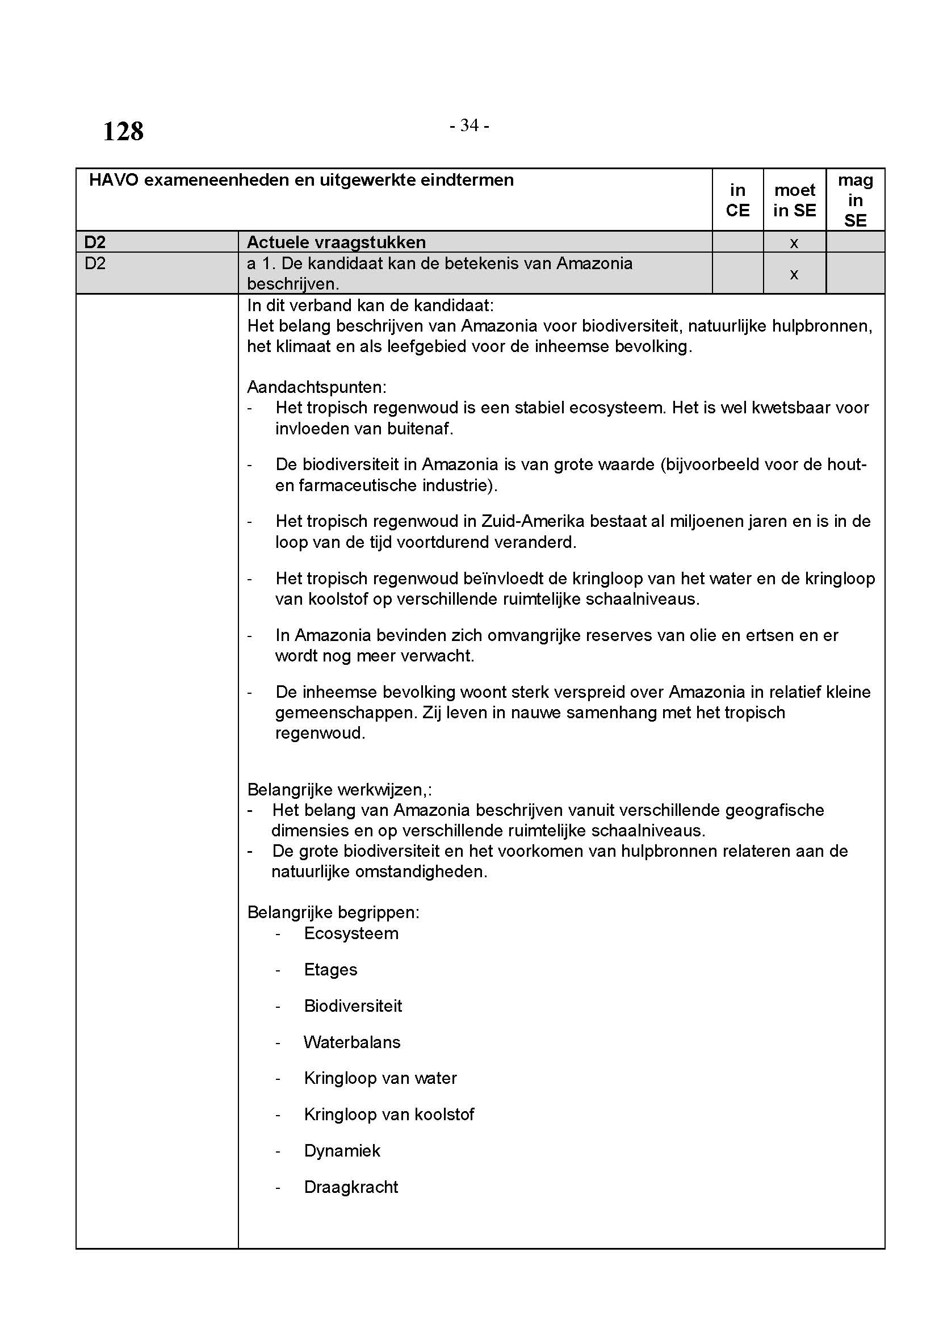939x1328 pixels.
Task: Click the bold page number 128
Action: pos(123,131)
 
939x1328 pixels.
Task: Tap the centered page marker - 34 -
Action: pos(469,125)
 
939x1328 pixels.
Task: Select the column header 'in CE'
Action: pos(737,200)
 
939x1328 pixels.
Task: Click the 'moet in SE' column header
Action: pos(794,200)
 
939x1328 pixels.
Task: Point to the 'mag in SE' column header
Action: pos(855,200)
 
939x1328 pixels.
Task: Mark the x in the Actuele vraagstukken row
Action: pos(794,243)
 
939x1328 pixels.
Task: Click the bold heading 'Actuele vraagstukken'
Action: pos(336,242)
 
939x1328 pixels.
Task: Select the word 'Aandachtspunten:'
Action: pos(316,387)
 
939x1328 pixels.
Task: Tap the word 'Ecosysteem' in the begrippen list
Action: pos(351,933)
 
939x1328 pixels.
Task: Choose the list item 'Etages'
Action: pos(330,970)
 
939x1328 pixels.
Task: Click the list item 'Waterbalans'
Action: pos(351,1042)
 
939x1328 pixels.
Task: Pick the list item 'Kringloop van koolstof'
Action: pos(388,1115)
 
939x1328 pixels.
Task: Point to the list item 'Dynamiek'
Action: pos(342,1151)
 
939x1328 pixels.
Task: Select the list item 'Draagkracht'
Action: pos(351,1187)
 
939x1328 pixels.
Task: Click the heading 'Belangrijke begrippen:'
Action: pos(333,913)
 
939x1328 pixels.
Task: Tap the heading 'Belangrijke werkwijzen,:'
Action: pos(339,790)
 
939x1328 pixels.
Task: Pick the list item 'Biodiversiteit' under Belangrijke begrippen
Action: pos(353,1006)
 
